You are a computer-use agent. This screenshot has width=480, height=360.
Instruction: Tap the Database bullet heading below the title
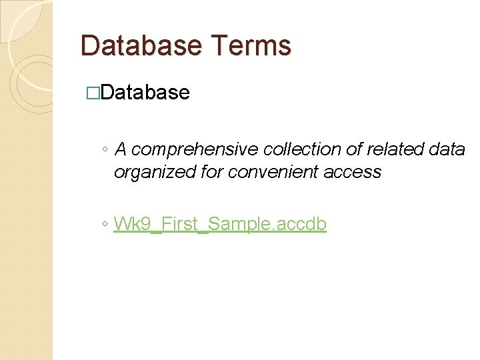(145, 92)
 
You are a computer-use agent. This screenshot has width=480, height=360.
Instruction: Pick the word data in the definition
(447, 149)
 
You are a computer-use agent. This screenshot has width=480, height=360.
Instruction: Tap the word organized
(155, 172)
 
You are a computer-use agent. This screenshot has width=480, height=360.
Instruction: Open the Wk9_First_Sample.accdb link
(220, 224)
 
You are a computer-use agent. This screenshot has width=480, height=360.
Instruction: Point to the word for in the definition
(212, 172)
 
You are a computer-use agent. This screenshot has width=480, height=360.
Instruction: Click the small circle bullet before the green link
(105, 225)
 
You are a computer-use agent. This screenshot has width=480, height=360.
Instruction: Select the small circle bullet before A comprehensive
(105, 150)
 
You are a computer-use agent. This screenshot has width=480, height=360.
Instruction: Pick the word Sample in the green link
(237, 224)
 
